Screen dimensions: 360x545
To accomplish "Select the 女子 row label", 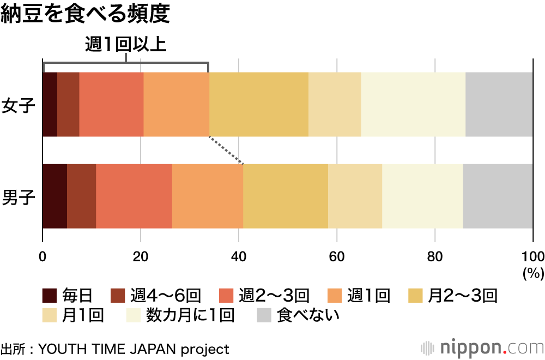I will point(19,104).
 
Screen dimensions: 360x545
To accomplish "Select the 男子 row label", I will point(19,196).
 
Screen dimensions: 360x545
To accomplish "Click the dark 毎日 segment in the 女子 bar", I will point(50,104).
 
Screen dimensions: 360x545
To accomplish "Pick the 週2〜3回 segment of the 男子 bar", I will point(134,196).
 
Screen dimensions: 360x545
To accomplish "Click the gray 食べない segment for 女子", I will point(499,104).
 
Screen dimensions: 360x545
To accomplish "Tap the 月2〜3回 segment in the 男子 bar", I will point(286,196).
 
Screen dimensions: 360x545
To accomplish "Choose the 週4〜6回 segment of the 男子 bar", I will point(82,196).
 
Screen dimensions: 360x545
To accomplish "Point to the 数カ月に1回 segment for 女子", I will point(413,104).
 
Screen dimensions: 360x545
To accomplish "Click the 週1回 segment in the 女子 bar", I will point(176,104).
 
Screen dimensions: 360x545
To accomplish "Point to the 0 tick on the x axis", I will point(43,257).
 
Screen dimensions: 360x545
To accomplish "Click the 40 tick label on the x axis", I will point(239,257).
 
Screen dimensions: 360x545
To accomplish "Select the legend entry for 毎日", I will point(68,296).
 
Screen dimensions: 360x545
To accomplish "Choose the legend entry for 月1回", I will point(73,315).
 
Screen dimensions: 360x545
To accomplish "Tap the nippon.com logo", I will point(482,347).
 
